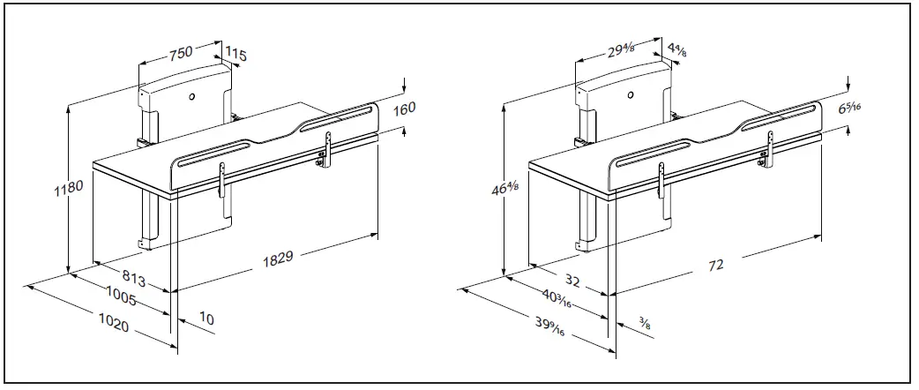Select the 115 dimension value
click(x=235, y=55)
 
